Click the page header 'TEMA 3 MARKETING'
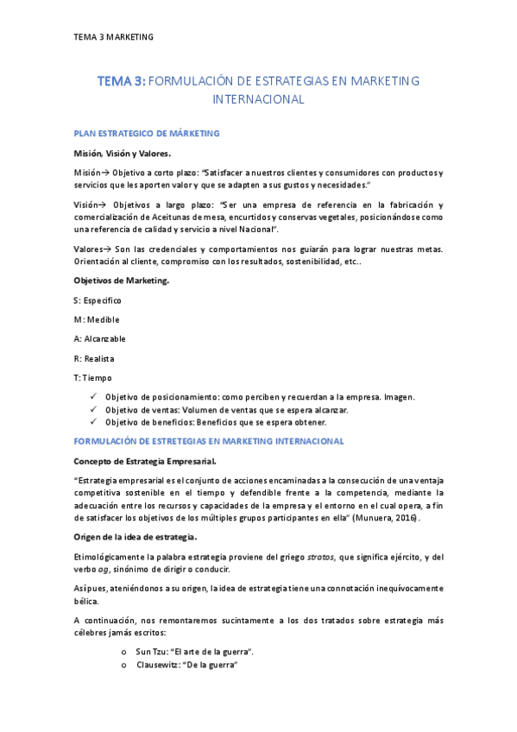[x=113, y=37]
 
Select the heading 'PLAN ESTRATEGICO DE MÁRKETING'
[x=147, y=134]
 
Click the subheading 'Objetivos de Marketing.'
[x=122, y=281]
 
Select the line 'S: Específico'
[x=98, y=300]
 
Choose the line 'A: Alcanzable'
[x=100, y=338]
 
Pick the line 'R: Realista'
[x=94, y=358]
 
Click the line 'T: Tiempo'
[x=92, y=377]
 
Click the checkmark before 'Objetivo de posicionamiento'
[x=93, y=397]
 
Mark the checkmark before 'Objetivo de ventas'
[x=93, y=410]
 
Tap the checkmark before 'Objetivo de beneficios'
[x=93, y=422]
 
